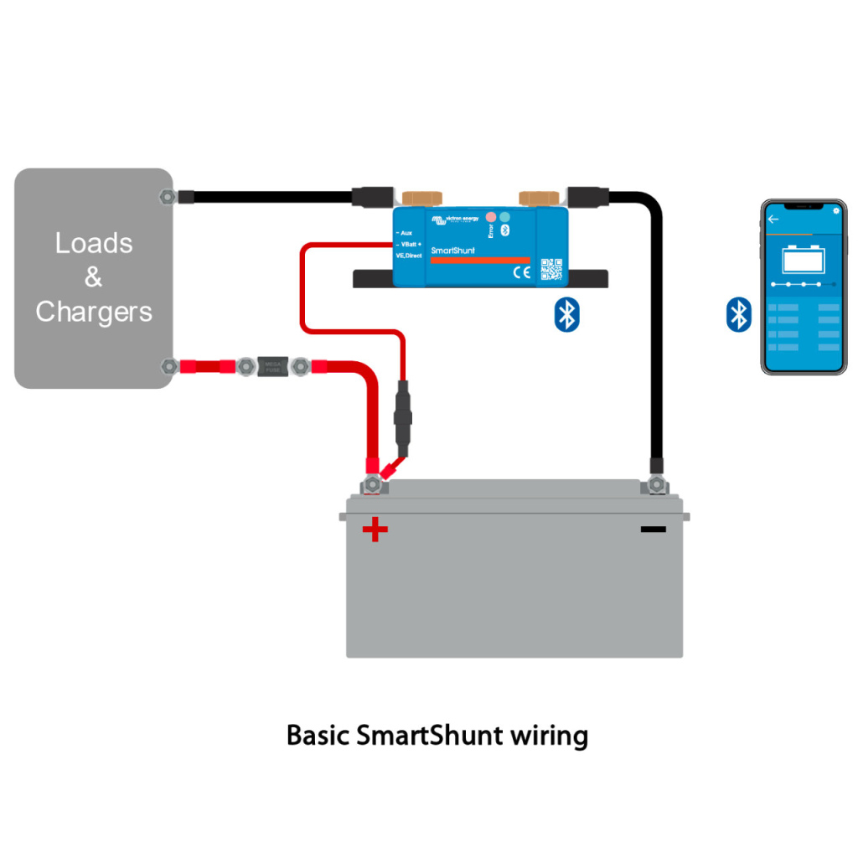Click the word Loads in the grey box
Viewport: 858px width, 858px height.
pos(94,243)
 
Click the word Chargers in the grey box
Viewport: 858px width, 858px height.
pos(94,312)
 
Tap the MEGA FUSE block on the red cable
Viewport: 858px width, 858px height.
pos(272,365)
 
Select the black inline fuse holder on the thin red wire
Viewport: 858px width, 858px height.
pos(401,416)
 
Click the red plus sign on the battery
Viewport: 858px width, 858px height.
pos(375,530)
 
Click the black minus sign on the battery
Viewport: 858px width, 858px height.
pos(653,529)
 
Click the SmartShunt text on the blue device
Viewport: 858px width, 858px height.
pos(452,251)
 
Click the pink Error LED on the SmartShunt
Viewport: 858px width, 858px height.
pos(491,217)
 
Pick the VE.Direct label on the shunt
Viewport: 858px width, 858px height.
pos(409,255)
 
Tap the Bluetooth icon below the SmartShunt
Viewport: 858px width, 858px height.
pos(567,314)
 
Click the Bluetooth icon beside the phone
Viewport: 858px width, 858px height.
pos(737,314)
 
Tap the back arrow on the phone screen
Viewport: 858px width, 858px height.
pos(773,219)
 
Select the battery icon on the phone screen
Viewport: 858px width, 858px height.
pos(804,260)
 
